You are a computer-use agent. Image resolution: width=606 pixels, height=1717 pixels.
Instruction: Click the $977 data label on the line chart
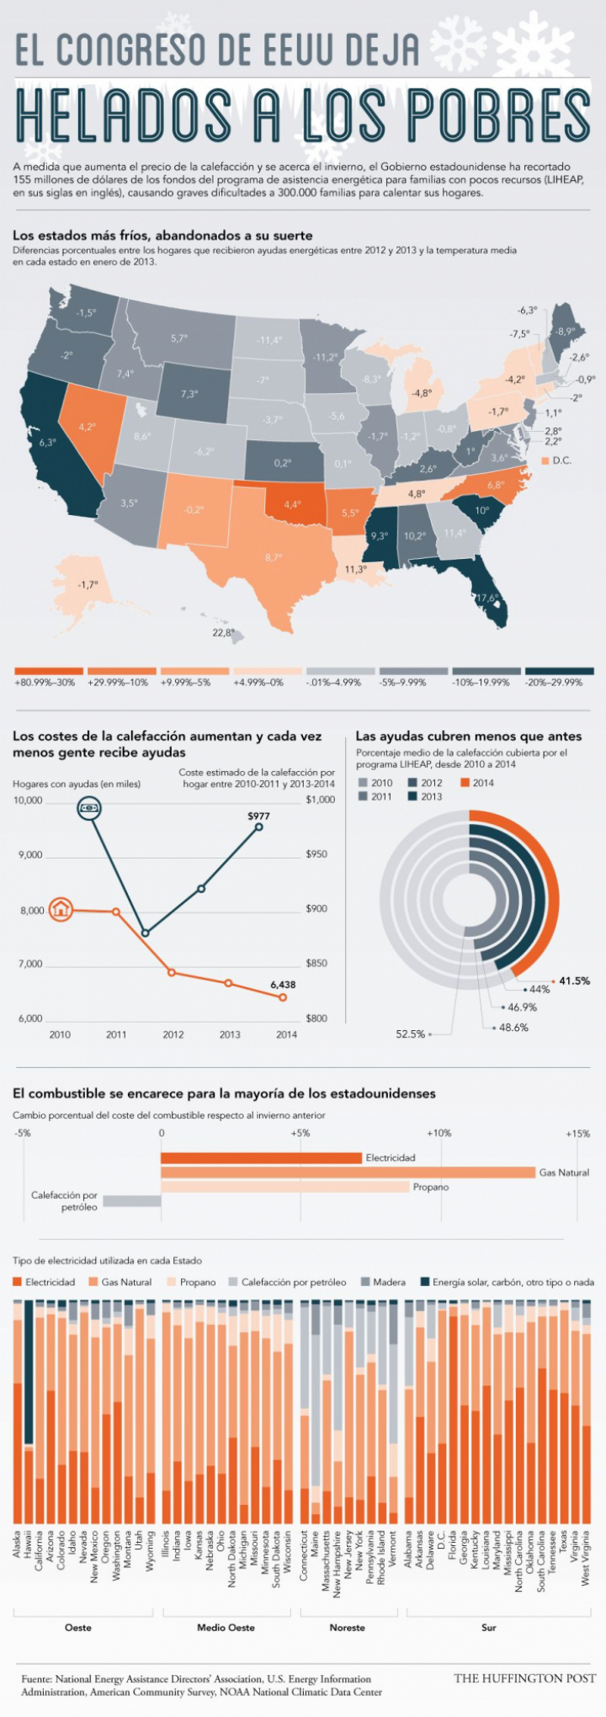pyautogui.click(x=258, y=816)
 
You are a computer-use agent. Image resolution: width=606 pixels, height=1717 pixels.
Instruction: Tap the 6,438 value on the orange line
pyautogui.click(x=283, y=984)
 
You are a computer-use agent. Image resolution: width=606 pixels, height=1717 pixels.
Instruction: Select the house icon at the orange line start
pyautogui.click(x=61, y=909)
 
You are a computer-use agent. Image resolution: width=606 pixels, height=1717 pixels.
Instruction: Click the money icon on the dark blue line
pyautogui.click(x=89, y=808)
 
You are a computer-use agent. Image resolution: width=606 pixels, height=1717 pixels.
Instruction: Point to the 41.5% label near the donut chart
pyautogui.click(x=575, y=981)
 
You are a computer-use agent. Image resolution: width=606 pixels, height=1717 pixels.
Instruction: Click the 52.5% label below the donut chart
pyautogui.click(x=411, y=1034)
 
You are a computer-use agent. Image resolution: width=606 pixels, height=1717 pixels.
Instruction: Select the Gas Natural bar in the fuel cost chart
pyautogui.click(x=348, y=1172)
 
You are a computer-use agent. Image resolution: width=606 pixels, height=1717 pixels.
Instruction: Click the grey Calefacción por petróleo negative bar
pyautogui.click(x=131, y=1201)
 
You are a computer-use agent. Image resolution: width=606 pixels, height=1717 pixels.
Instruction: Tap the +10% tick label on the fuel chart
pyautogui.click(x=439, y=1133)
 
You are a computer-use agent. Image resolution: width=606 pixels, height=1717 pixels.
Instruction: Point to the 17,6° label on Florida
pyautogui.click(x=488, y=598)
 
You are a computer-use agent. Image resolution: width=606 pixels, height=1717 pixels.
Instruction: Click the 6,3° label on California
pyautogui.click(x=47, y=442)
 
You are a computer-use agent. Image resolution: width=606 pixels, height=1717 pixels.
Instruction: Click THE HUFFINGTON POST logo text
pyautogui.click(x=524, y=1678)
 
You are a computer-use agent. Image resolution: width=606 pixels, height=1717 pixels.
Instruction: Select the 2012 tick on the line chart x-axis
pyautogui.click(x=173, y=1034)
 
